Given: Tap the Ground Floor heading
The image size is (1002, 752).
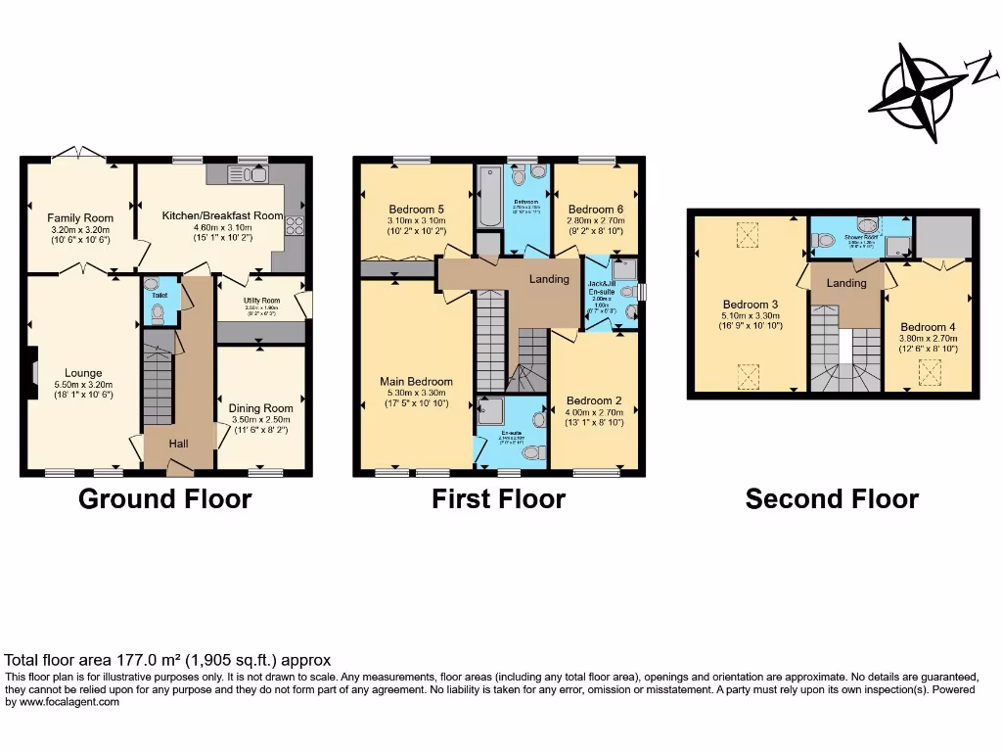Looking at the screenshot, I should (x=164, y=499).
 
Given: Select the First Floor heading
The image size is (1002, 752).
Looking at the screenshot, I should (x=498, y=499).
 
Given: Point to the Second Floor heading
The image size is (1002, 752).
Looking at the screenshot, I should (x=832, y=499).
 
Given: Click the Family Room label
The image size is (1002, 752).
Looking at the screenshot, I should (x=80, y=218).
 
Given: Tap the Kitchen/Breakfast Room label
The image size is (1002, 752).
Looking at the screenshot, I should (x=222, y=215).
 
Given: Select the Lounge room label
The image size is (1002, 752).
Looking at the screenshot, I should (x=83, y=373).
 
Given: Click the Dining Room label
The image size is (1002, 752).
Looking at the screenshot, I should (x=260, y=408).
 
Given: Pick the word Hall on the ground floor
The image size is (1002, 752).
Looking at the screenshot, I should (x=178, y=444).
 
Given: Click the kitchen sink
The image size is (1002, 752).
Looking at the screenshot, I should (x=246, y=175).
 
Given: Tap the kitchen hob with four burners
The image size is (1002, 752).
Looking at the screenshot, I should (x=295, y=225).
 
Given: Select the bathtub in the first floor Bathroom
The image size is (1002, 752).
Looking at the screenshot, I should (x=488, y=201).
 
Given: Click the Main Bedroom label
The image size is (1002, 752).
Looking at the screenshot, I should (x=416, y=382).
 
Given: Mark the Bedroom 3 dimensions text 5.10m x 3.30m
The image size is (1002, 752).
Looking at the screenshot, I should (x=749, y=316).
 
